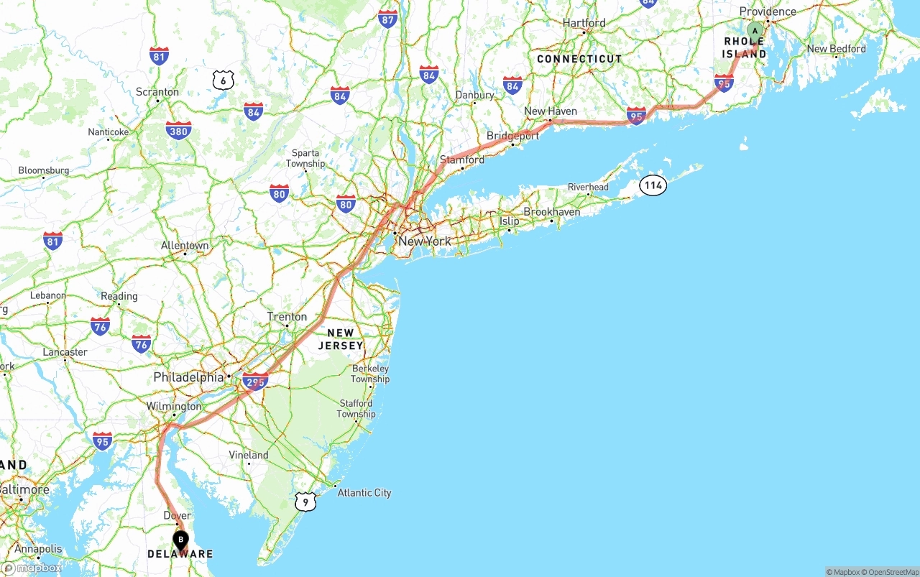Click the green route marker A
point(755,31)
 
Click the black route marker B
point(180,539)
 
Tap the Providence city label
point(768,11)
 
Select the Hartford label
point(584,23)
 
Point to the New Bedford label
point(836,49)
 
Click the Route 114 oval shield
point(653,185)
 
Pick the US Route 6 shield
point(224,80)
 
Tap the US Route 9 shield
point(305,502)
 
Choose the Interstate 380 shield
point(178,131)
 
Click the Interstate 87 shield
point(387,19)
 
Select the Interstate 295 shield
point(255,382)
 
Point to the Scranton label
point(157,92)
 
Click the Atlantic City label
point(364,493)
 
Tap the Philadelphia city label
point(188,377)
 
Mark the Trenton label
point(287,317)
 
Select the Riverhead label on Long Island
point(588,188)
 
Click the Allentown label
point(185,246)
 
